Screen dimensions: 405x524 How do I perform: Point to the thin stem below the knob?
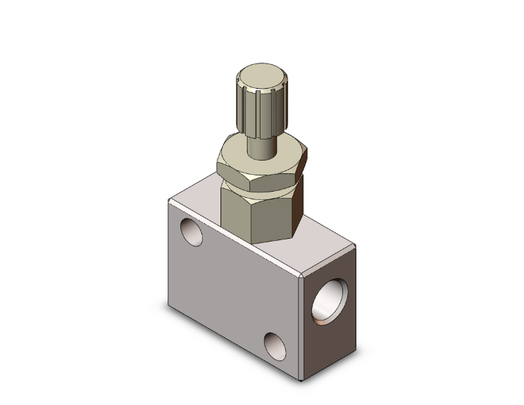[x=261, y=146]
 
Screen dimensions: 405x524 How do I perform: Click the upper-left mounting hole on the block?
[x=191, y=231]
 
